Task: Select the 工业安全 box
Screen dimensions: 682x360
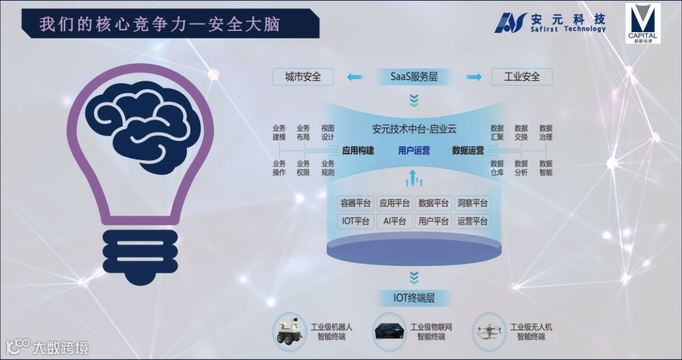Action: [522, 77]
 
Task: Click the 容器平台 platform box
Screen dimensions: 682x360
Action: [356, 203]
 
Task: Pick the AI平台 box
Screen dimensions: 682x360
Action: [395, 221]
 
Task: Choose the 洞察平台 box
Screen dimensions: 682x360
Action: [472, 203]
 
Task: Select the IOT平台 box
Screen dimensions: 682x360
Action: [356, 221]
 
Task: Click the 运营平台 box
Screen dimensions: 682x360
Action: [472, 221]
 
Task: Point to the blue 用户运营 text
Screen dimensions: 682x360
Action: [414, 150]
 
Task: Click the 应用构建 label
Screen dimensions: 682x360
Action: [358, 150]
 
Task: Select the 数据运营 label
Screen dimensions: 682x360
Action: [468, 150]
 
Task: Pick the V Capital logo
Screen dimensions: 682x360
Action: [643, 23]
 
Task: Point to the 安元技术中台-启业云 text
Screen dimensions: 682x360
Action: [414, 129]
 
